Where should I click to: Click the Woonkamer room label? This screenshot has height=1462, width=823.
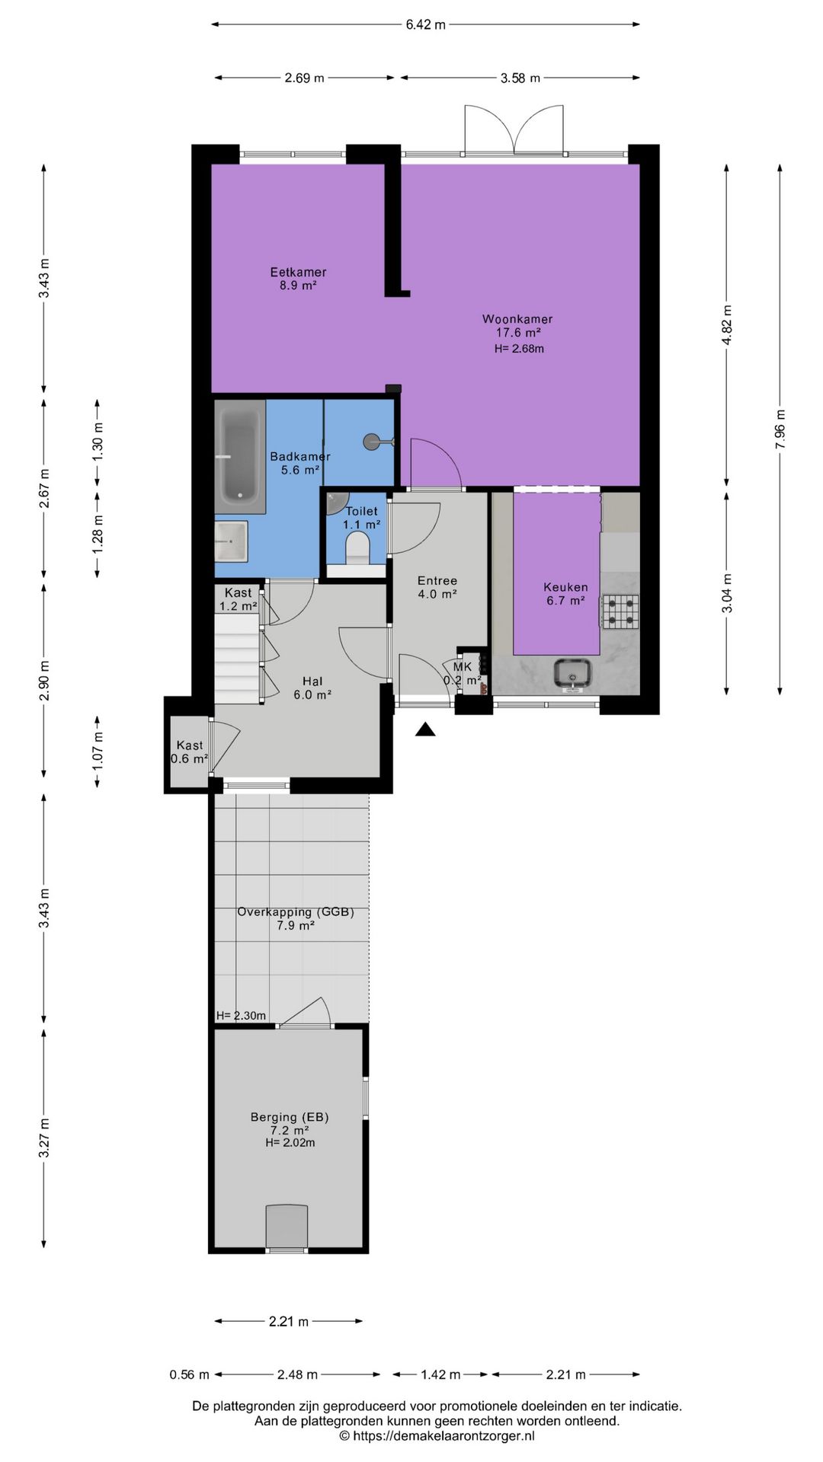[517, 319]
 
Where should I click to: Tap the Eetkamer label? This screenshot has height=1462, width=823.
[298, 272]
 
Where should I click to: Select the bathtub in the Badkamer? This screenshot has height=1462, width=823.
[240, 457]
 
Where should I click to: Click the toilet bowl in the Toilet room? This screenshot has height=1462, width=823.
[357, 548]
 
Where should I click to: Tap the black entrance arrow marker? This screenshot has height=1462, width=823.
[425, 729]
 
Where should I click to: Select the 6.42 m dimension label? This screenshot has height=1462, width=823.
[425, 24]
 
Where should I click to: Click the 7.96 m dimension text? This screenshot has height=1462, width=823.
[780, 429]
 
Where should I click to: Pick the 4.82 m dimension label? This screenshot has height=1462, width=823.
[727, 325]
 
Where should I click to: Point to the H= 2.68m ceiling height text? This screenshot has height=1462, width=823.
[519, 349]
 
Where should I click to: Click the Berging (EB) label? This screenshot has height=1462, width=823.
[290, 1117]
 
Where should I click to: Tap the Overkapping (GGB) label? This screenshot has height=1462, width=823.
[296, 911]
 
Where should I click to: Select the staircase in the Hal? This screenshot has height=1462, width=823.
[238, 659]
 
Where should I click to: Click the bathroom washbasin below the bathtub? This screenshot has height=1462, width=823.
[231, 541]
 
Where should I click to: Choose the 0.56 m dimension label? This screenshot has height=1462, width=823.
[189, 1374]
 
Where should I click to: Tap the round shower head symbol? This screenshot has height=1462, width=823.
[371, 441]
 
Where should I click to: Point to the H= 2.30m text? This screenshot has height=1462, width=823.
[241, 1015]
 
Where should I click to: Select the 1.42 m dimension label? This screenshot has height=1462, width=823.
[440, 1374]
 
